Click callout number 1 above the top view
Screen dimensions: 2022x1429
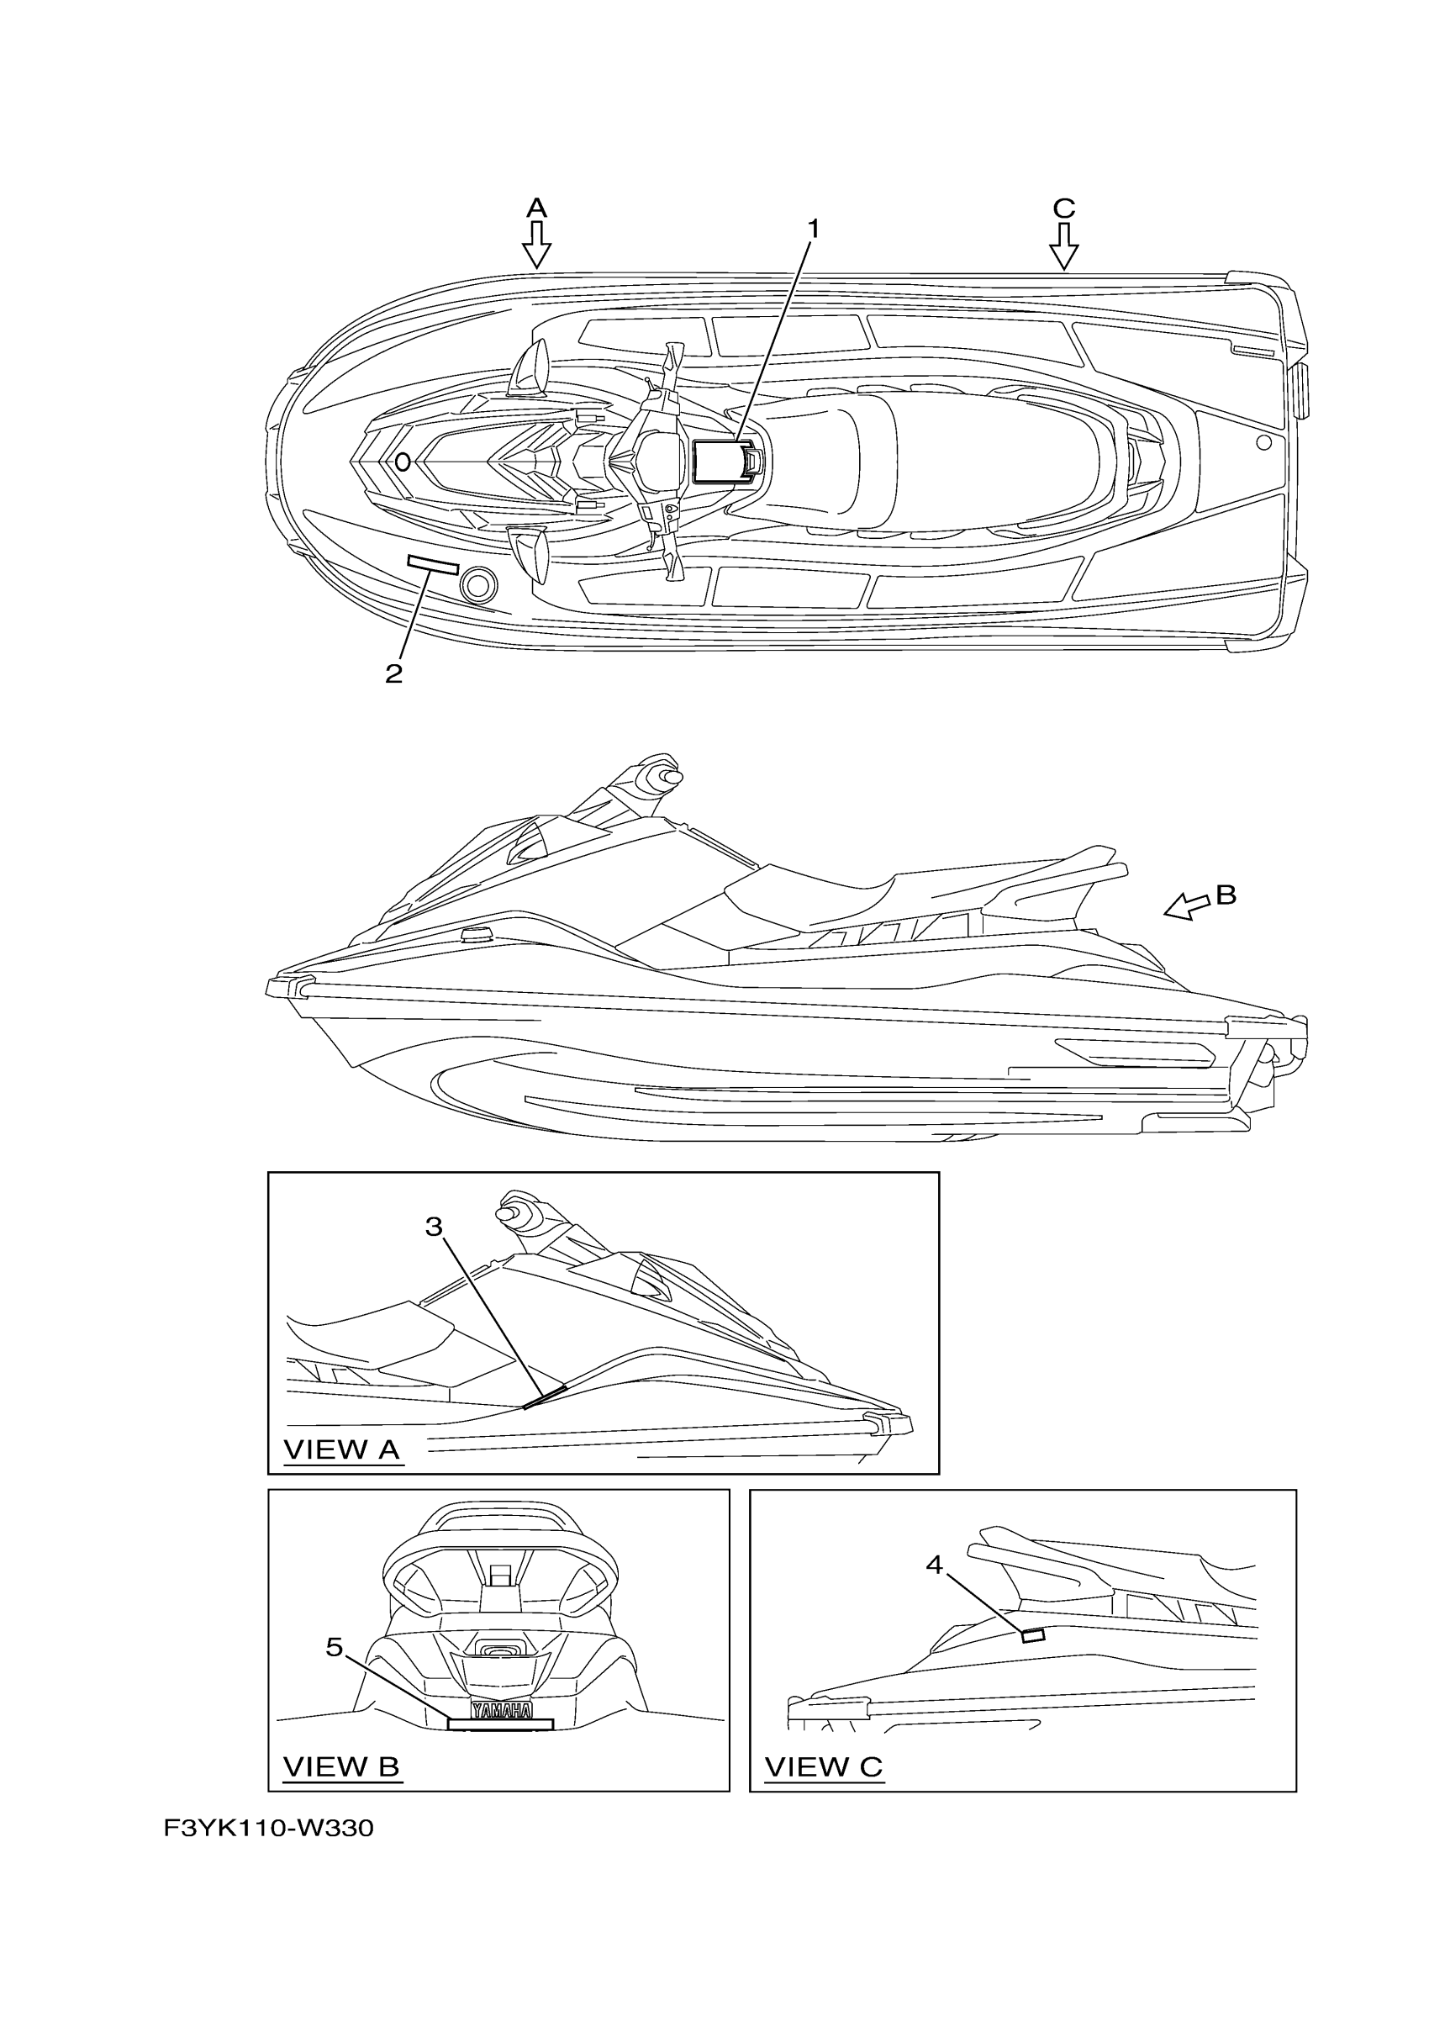[x=814, y=229]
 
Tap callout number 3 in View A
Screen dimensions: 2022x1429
[x=433, y=1227]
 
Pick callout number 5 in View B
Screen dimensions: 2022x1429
[x=334, y=1647]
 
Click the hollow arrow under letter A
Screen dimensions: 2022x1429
[x=536, y=245]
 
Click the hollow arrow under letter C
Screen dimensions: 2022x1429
[x=1063, y=245]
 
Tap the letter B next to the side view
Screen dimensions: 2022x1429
[x=1226, y=895]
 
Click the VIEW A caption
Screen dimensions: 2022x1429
[x=341, y=1449]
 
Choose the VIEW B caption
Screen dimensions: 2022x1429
[x=341, y=1766]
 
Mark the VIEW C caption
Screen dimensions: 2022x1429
[x=823, y=1766]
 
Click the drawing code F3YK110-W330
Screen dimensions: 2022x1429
[x=268, y=1829]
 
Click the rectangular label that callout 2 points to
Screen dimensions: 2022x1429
[x=432, y=565]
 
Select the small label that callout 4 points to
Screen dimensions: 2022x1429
[x=1032, y=1635]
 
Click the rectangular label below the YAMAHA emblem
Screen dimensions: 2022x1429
[x=500, y=1724]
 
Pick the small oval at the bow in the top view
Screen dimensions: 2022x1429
[x=403, y=462]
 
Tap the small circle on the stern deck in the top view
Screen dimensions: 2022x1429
[x=1263, y=442]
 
